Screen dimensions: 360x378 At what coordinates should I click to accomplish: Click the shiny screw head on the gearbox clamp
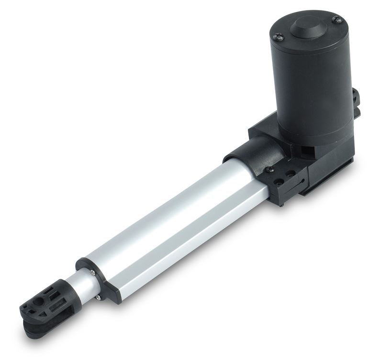click(x=270, y=169)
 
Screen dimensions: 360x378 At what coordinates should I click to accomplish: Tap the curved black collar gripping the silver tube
click(x=254, y=153)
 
